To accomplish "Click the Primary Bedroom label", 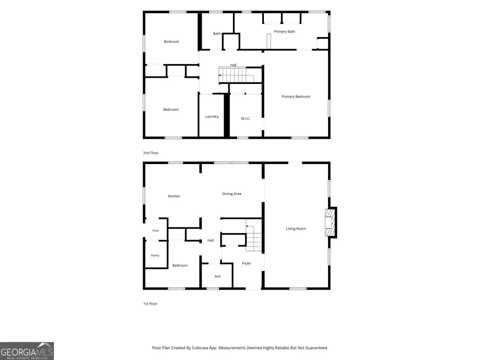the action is coord(296,97).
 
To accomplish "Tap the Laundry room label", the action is coord(212,116).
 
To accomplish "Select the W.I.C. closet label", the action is coord(246,119).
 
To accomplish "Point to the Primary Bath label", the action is coord(285,31).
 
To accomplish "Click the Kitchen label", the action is coord(174,196).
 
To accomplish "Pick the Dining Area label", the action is coord(232,194).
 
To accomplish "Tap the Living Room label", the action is coord(296,229).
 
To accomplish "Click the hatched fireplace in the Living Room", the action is coord(330,223).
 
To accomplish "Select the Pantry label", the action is coord(155,255).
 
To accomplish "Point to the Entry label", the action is coord(156,231).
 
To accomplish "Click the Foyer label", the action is coord(247,263).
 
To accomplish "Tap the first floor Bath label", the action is coord(217,277).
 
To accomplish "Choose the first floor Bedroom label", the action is coord(180,265).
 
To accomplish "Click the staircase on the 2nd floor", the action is coord(236,75).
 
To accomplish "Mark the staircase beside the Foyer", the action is coord(254,238).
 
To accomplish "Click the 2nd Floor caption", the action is coord(151,153).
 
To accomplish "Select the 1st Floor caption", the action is coord(150,304).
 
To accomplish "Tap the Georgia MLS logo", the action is coord(27,351).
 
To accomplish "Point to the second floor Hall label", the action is coord(233,65).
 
